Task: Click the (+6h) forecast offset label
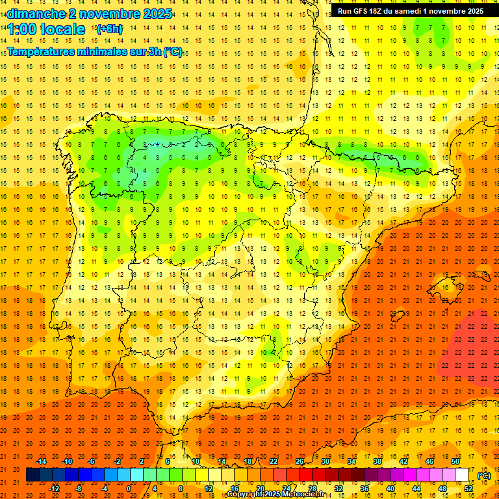pos(109,29)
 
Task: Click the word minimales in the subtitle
pos(112,52)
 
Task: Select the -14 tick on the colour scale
pos(42,461)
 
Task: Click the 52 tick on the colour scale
pos(468,489)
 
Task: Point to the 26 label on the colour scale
pos(300,461)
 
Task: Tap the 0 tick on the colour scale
pos(129,489)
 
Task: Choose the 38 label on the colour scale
pos(377,461)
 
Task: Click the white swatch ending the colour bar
pos(462,475)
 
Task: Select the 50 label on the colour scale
pos(455,461)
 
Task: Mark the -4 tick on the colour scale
pos(104,489)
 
